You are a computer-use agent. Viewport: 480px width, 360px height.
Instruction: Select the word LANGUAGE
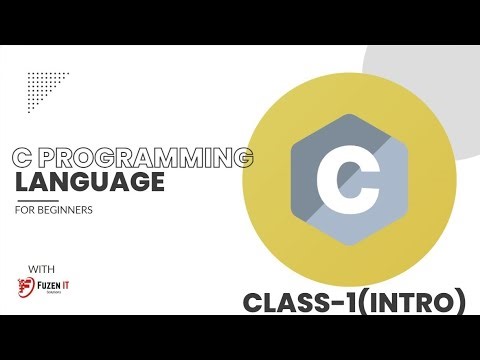[x=90, y=183]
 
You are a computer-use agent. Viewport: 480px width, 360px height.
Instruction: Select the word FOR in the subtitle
[x=27, y=211]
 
